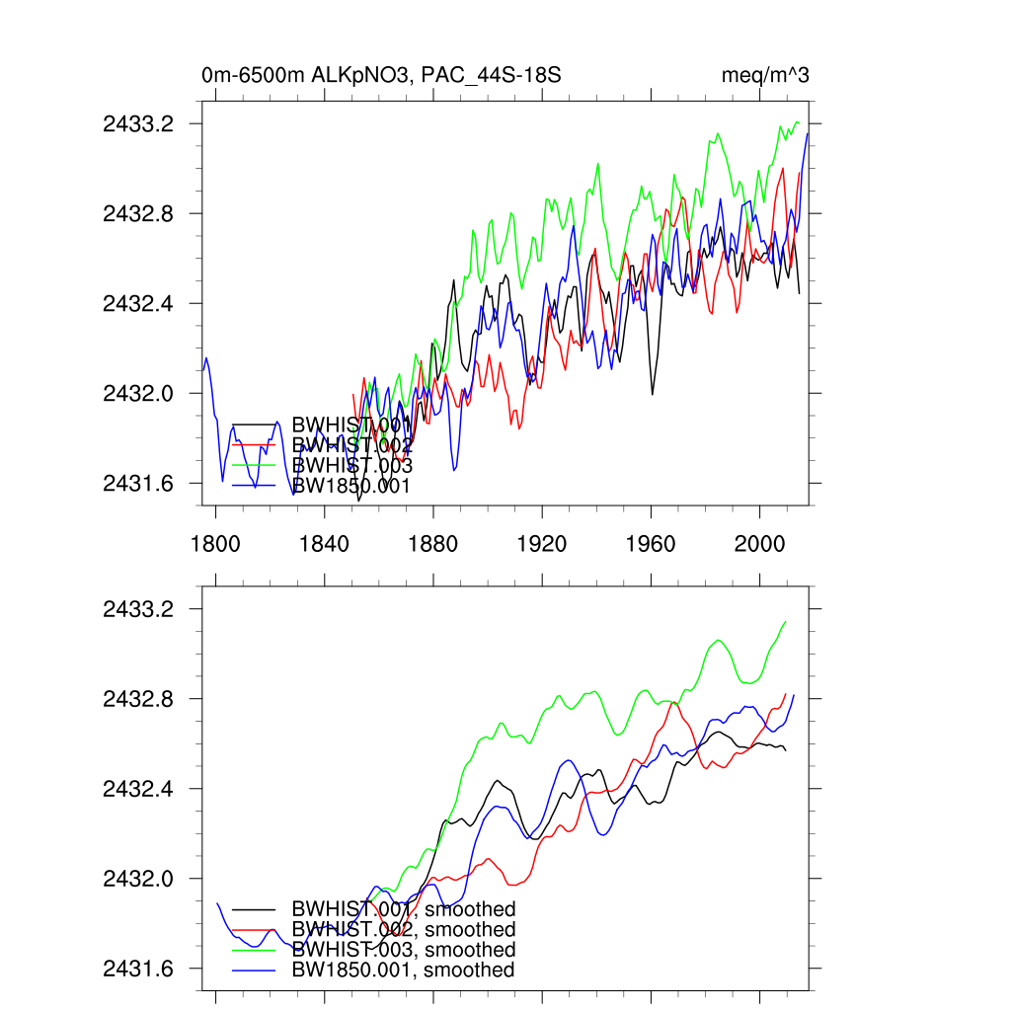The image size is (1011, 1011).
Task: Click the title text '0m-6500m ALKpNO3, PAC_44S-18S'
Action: point(381,75)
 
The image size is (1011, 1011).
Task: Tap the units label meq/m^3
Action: point(766,75)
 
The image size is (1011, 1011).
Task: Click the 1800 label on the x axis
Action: point(216,542)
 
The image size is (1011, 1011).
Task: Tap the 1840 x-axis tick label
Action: point(325,542)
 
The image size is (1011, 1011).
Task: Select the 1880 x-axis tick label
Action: point(433,542)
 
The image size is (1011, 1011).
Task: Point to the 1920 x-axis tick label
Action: point(542,542)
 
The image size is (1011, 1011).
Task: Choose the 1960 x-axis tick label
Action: point(652,542)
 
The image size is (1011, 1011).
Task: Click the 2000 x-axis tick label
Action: point(760,542)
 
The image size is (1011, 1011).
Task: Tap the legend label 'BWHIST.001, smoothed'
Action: point(404,909)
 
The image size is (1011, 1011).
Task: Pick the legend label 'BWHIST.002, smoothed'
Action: point(404,930)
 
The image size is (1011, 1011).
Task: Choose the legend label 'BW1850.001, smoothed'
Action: point(403,971)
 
